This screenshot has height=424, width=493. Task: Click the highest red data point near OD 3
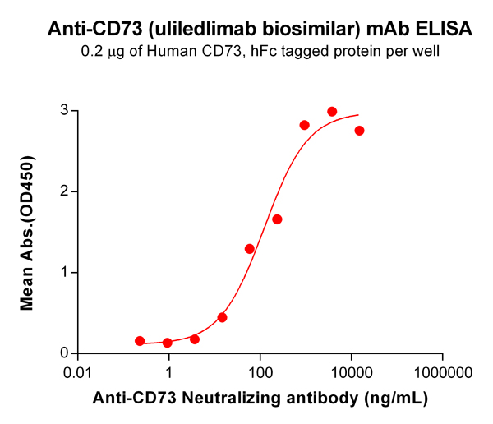click(x=332, y=112)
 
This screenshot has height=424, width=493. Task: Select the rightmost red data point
click(x=359, y=131)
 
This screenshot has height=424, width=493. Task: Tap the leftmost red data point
click(x=140, y=341)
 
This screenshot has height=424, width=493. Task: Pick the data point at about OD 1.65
click(x=277, y=219)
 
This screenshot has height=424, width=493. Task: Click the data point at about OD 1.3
click(x=250, y=249)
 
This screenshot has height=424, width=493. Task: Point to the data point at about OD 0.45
click(x=222, y=317)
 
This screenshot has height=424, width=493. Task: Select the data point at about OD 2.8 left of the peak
click(x=304, y=125)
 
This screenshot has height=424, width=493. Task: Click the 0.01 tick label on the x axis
click(x=78, y=371)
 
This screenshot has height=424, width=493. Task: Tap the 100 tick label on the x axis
click(x=260, y=371)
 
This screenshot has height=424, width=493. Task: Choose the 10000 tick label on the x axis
click(x=352, y=371)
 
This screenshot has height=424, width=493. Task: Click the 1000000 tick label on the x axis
click(x=443, y=371)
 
